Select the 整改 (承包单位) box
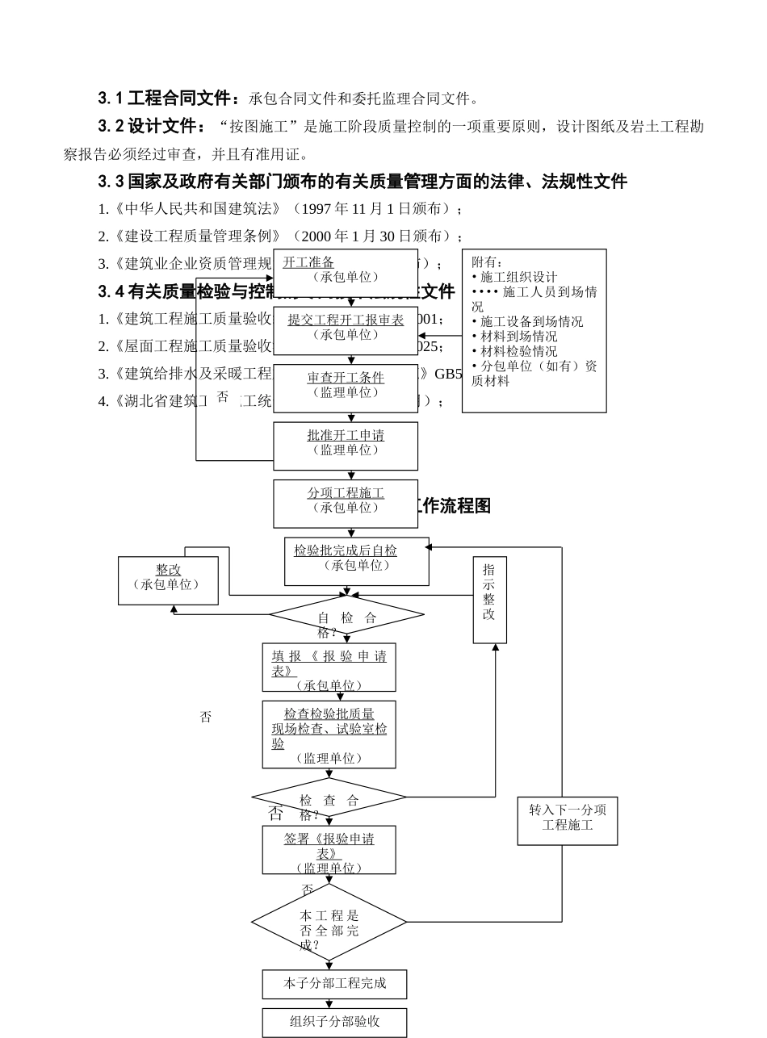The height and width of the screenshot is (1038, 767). pyautogui.click(x=168, y=580)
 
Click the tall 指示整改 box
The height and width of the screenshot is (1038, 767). pyautogui.click(x=489, y=599)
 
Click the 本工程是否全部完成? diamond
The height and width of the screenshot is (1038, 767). pyautogui.click(x=329, y=922)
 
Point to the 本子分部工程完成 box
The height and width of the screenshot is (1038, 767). pyautogui.click(x=334, y=984)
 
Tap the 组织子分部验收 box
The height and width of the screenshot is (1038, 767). pyautogui.click(x=334, y=1022)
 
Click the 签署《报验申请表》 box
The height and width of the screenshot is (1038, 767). pyautogui.click(x=329, y=849)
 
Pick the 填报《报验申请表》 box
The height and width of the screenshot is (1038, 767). pyautogui.click(x=329, y=667)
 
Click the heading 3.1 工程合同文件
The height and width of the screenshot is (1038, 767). pyautogui.click(x=169, y=98)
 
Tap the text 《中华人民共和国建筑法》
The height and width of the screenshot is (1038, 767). pyautogui.click(x=199, y=209)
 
